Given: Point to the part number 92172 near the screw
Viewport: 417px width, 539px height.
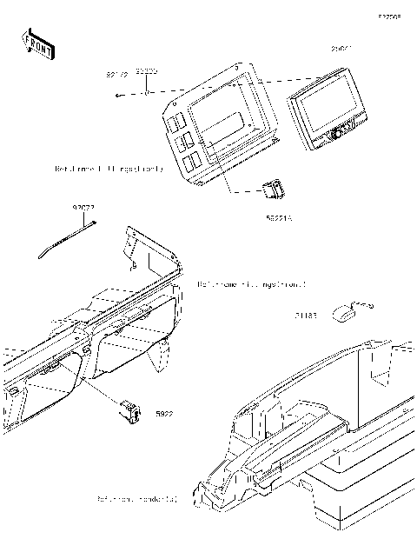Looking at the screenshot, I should [117, 76].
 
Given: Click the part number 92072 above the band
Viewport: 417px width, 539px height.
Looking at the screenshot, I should [83, 210].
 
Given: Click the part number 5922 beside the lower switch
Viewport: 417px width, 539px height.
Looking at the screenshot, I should [164, 415].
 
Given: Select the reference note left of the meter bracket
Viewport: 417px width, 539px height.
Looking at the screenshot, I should [109, 168].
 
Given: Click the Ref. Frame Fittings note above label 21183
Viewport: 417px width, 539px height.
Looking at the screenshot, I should [251, 283].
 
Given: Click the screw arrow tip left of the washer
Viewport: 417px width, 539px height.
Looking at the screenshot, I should [117, 96].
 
